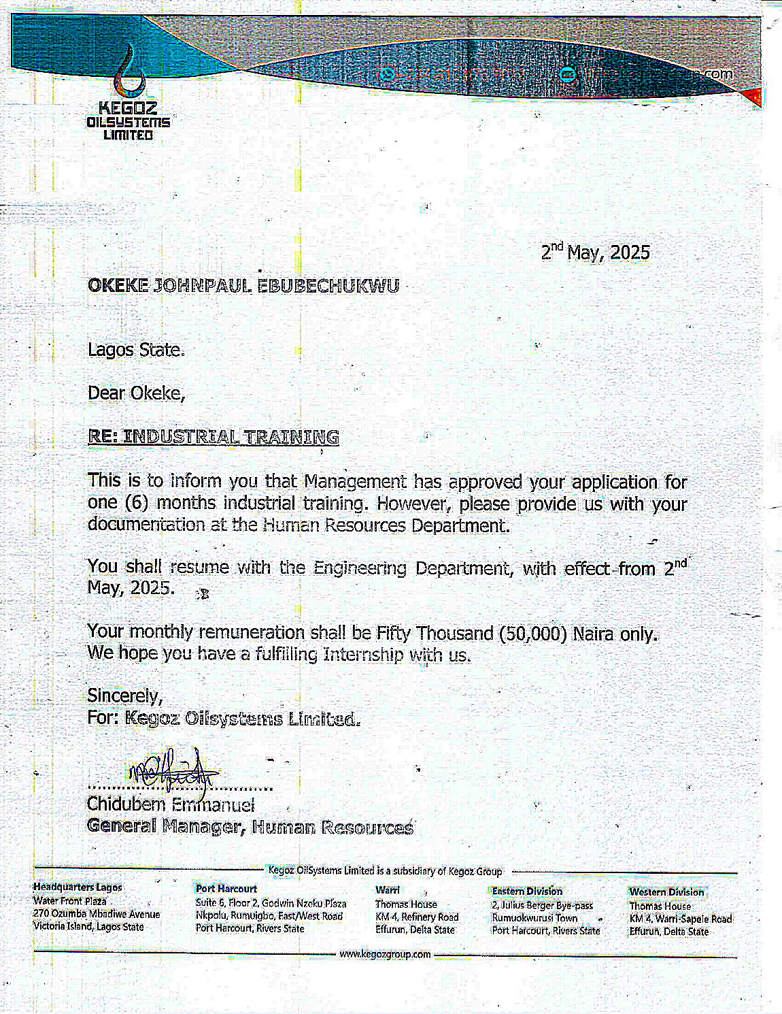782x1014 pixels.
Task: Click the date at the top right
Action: (x=595, y=252)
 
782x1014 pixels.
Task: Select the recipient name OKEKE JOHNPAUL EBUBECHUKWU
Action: (x=243, y=286)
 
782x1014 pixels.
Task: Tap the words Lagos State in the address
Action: (x=136, y=350)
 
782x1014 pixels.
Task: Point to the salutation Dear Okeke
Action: (x=136, y=393)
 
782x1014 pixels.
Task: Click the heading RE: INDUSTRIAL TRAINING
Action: (x=214, y=437)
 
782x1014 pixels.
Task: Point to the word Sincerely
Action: (x=124, y=696)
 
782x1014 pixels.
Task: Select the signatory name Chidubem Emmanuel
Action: (x=171, y=804)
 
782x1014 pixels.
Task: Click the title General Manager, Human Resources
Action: (x=250, y=827)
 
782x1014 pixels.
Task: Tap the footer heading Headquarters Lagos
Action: (x=78, y=887)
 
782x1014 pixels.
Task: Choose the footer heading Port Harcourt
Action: (x=226, y=889)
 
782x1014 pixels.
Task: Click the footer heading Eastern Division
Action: (x=527, y=891)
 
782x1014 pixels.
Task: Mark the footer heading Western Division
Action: (x=666, y=892)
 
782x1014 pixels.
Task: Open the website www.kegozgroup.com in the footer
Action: (x=385, y=954)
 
